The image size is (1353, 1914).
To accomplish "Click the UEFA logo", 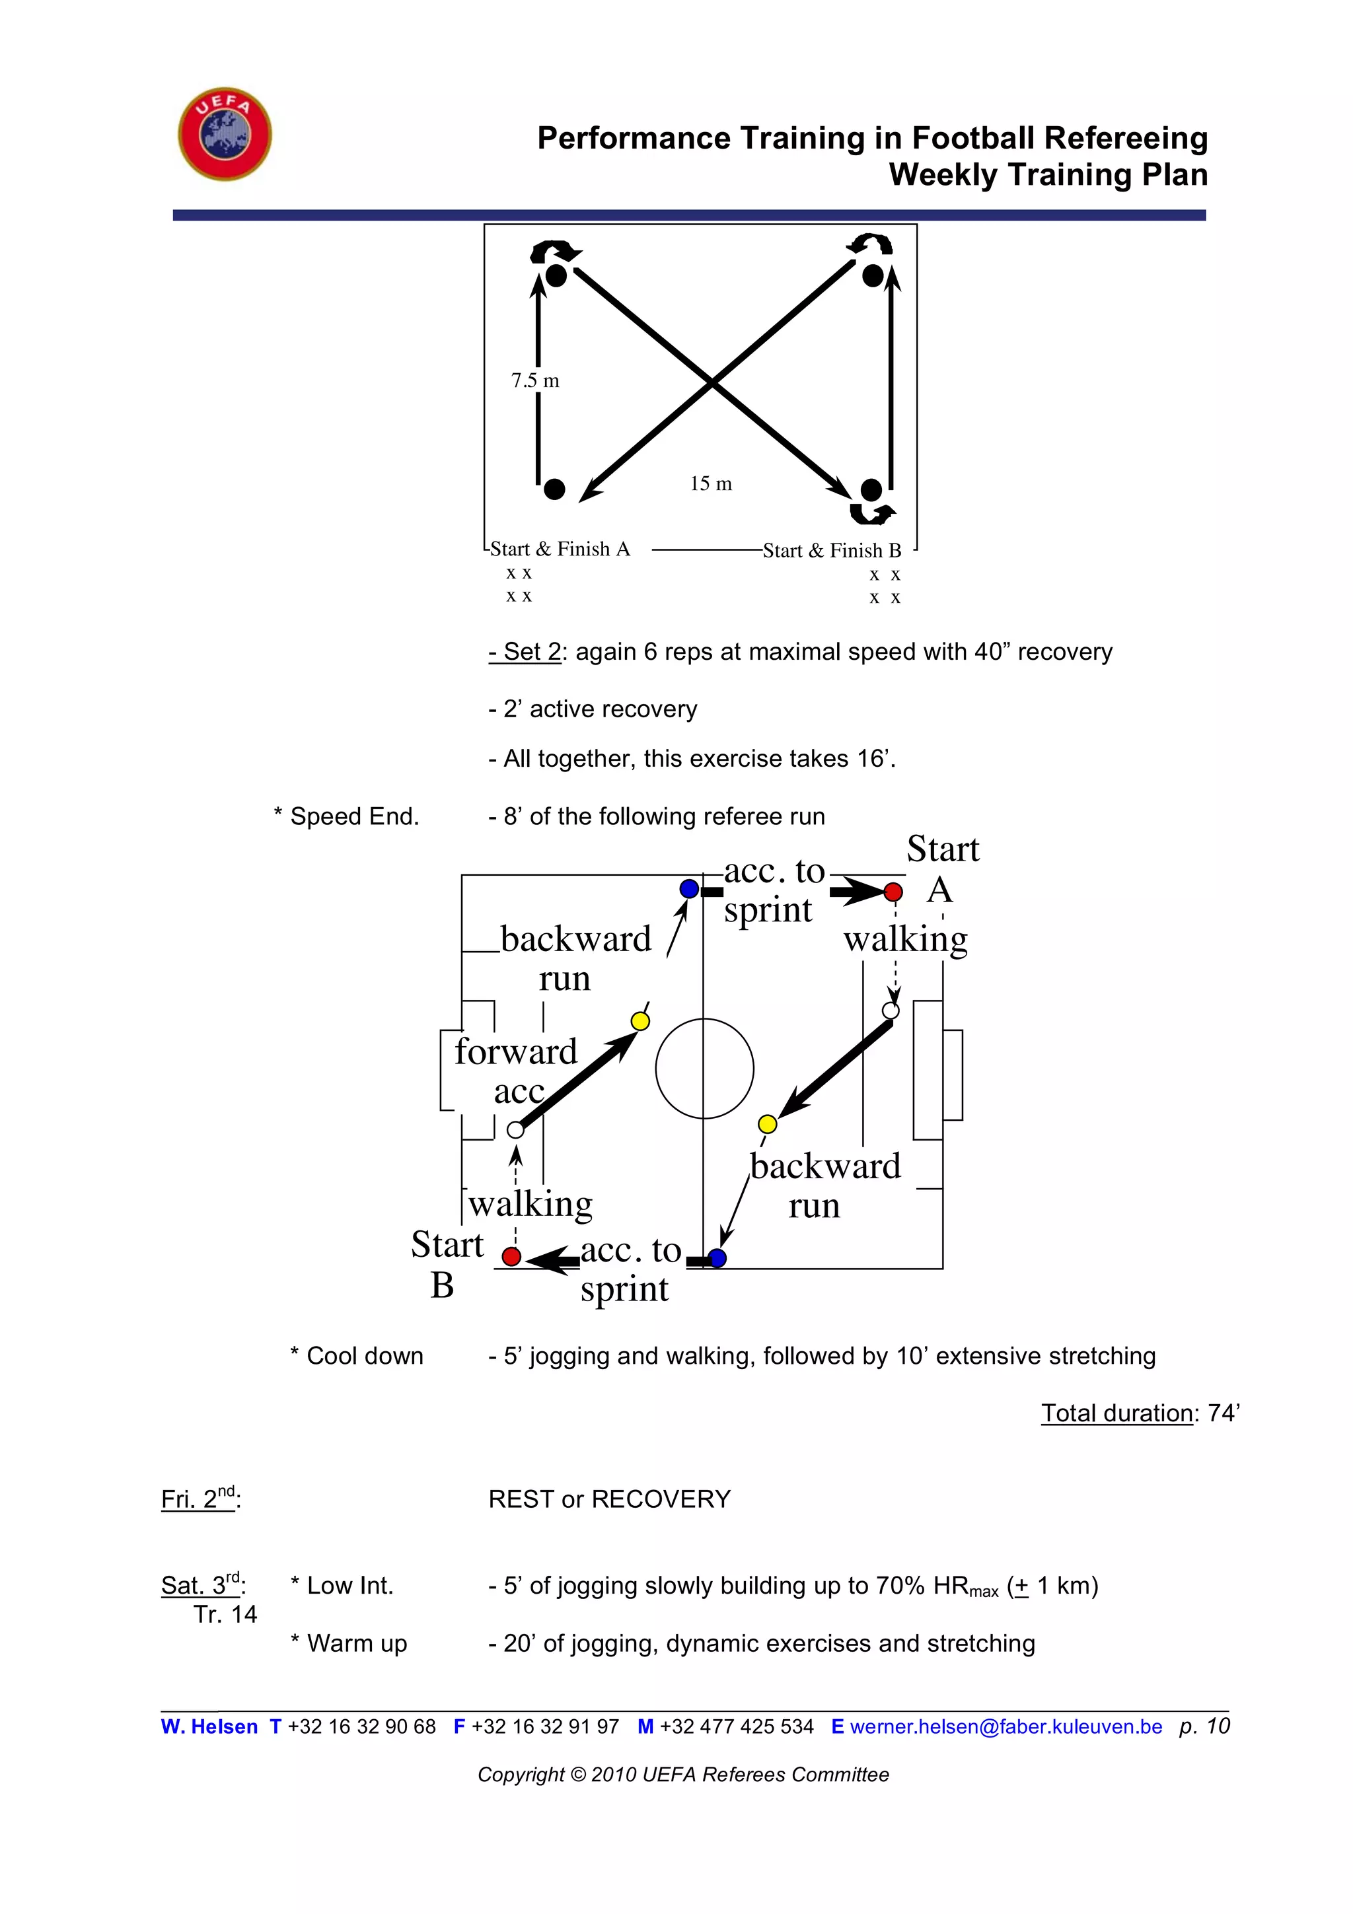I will (x=225, y=133).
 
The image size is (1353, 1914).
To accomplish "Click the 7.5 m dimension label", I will (x=535, y=381).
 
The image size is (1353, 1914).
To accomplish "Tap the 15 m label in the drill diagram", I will (x=710, y=483).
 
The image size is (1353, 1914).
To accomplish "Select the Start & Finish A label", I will (x=560, y=549).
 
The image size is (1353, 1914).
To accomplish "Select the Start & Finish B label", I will (x=831, y=550).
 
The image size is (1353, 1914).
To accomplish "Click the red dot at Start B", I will (x=512, y=1256).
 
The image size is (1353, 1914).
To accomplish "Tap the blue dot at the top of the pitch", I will (x=688, y=889).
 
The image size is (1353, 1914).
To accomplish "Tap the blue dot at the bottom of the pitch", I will (x=717, y=1258).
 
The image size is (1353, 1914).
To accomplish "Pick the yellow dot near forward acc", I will (x=640, y=1021).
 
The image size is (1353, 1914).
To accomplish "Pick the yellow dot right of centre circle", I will (x=767, y=1123).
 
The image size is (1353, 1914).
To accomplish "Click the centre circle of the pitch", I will (x=704, y=1068).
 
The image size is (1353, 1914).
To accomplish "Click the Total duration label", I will (x=1116, y=1413).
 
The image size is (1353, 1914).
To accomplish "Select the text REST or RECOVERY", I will (x=609, y=1499).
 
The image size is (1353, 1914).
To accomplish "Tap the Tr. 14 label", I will (x=225, y=1615).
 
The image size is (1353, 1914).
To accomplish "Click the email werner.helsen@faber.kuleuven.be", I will (x=1006, y=1726).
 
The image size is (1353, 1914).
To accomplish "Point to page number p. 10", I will (x=1204, y=1726).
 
